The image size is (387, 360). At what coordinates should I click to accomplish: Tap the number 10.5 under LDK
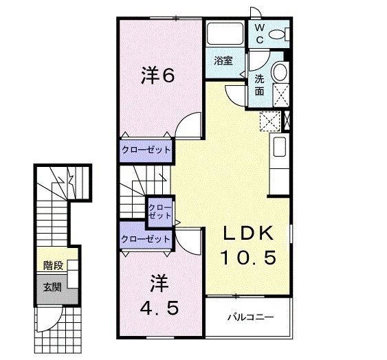point(248,258)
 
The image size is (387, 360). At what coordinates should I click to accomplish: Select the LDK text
point(248,233)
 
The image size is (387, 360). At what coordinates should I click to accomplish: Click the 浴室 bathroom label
point(223,60)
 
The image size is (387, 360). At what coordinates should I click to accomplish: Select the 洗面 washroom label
point(261,85)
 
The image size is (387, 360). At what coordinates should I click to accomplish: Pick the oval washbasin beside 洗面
point(280,73)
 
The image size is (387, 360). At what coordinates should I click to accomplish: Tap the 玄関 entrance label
point(52,286)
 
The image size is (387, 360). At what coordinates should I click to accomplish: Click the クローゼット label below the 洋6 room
point(146,149)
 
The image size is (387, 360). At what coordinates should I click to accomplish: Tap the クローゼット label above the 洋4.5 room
point(145,238)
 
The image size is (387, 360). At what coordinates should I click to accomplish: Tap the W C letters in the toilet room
point(261,34)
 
